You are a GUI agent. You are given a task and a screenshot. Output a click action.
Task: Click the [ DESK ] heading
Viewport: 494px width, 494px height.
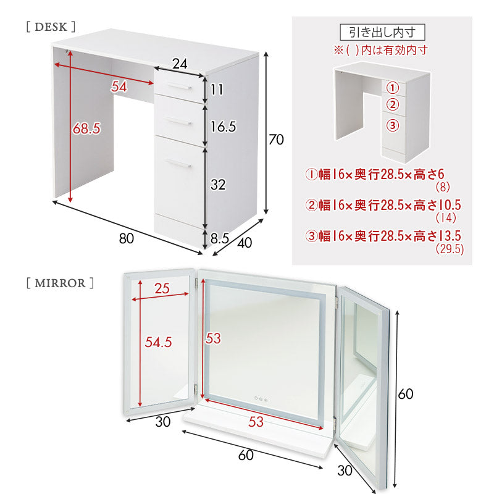51,27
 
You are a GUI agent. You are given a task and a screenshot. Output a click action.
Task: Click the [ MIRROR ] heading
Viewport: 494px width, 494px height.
60,283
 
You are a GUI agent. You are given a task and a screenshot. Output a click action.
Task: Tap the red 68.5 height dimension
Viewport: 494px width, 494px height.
86,128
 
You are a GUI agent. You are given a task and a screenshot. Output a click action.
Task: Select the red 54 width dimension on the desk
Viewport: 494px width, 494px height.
119,86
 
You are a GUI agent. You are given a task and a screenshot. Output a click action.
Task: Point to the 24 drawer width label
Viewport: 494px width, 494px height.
180,63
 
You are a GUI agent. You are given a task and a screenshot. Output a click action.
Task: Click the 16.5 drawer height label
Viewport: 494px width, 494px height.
223,127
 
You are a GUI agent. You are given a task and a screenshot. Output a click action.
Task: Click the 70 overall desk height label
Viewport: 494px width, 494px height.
276,140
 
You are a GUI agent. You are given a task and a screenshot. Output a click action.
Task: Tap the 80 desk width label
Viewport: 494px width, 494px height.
126,238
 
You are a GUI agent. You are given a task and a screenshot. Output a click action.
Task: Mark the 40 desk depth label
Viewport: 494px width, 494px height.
245,243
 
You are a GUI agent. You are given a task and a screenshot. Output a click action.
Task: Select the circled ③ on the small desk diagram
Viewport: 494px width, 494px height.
393,125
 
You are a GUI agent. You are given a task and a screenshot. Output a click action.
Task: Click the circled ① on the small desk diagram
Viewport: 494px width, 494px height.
393,87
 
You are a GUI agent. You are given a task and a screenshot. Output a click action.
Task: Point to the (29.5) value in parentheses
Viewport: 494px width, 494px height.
450,249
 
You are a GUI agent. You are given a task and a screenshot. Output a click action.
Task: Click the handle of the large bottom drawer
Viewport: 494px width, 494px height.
178,163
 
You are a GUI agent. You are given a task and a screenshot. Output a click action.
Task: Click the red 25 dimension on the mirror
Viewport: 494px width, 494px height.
163,288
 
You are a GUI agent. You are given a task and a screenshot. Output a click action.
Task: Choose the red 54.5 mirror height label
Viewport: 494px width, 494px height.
158,343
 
